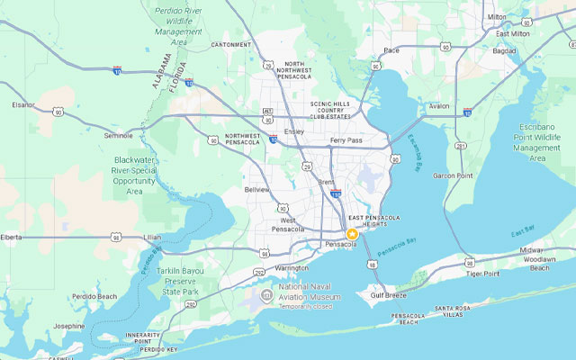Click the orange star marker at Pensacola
coord(352,234)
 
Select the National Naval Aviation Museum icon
coord(266,295)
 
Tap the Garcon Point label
coord(453,175)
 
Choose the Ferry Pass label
coord(346,140)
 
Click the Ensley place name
coord(293,131)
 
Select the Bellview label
coord(257,190)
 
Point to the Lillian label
coord(152,238)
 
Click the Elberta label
coord(11,238)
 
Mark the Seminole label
coord(118,135)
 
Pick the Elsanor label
coord(23,104)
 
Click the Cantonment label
coord(231,44)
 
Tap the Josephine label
coord(69,326)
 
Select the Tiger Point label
coord(483,273)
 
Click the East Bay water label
coord(524,235)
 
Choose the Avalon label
coord(439,106)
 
